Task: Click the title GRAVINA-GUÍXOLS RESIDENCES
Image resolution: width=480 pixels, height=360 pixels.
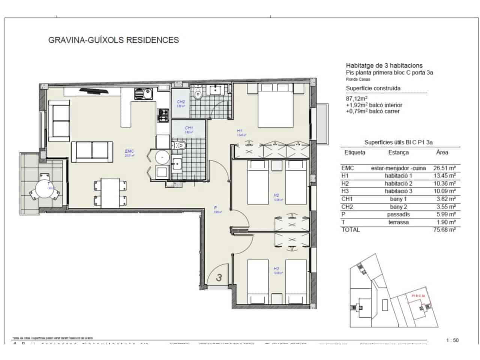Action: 114,40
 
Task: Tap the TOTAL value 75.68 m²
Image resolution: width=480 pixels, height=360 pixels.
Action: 444,230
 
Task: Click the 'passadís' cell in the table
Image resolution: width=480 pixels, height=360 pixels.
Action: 398,214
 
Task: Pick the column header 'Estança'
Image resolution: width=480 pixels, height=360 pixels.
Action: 398,153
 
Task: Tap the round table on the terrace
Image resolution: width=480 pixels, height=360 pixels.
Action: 45,188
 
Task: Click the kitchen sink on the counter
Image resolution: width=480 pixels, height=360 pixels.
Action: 143,93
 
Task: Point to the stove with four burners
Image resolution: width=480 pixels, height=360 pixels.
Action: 164,115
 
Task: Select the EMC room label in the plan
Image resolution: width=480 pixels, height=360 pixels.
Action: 129,151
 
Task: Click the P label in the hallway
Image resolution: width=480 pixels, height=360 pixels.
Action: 216,207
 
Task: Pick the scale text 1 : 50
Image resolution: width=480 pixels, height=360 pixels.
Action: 452,340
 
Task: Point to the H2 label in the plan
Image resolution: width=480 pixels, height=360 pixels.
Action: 276,195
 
